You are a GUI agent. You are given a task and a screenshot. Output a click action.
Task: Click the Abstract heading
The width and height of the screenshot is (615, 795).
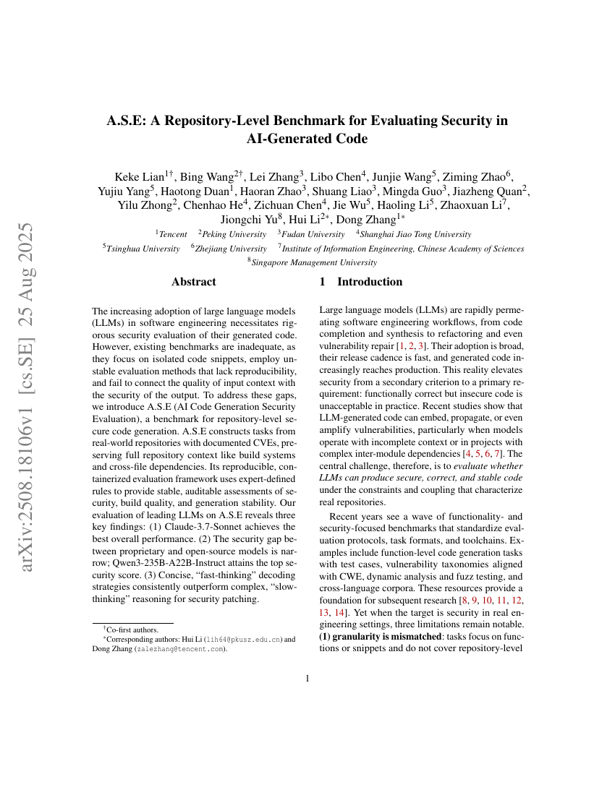tap(193, 282)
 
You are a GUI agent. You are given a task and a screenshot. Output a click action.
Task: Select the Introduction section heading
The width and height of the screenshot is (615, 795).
tap(369, 282)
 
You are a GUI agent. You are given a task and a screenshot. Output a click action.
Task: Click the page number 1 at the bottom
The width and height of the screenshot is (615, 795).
tap(307, 678)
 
